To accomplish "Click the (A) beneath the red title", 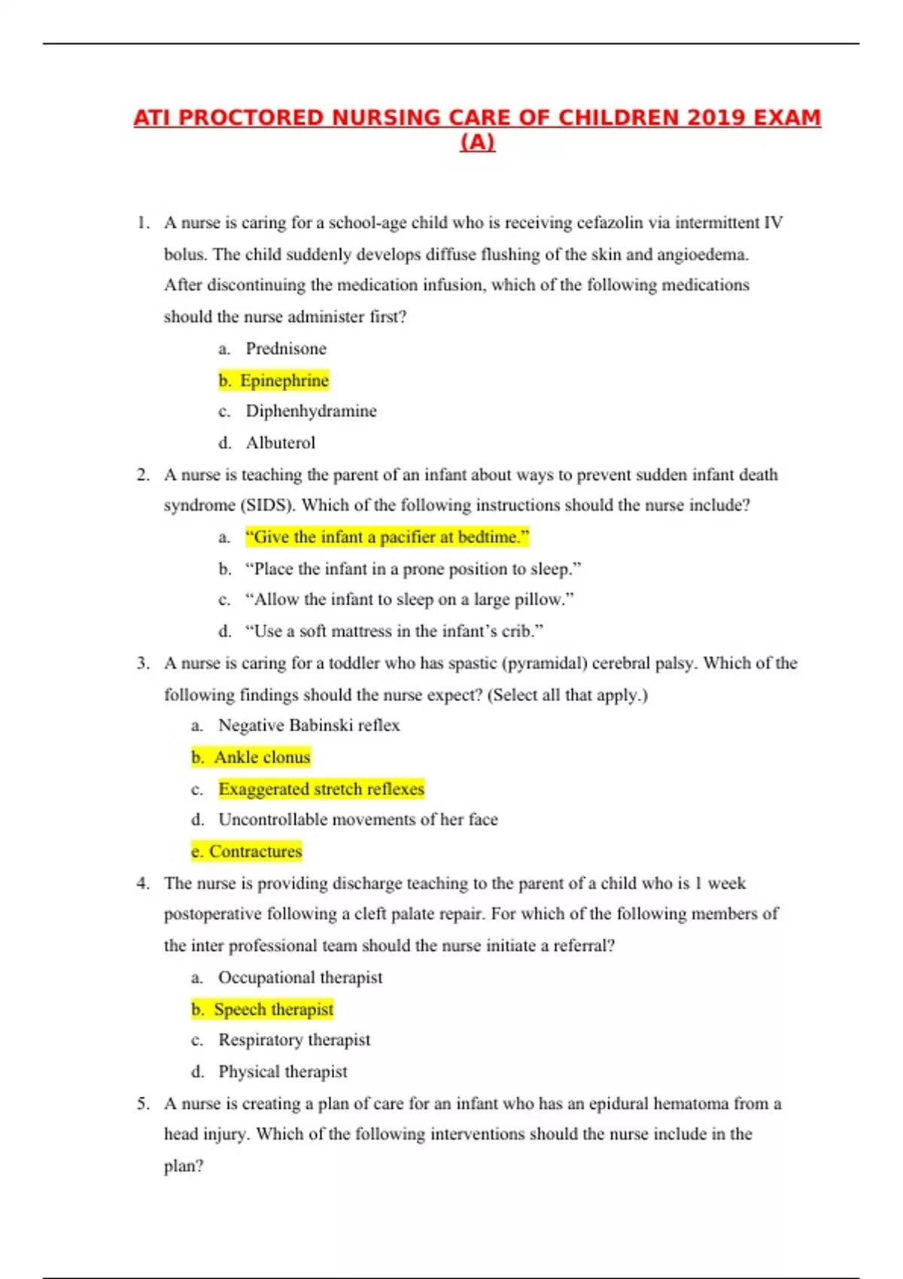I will click(477, 142).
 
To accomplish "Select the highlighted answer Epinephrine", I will click(284, 381).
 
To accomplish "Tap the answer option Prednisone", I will click(286, 349).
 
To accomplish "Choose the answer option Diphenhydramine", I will click(311, 412).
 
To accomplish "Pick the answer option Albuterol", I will click(280, 443).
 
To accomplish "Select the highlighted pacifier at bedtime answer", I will click(388, 537).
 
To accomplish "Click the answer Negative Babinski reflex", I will click(309, 726).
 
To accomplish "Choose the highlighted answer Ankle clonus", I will click(262, 758).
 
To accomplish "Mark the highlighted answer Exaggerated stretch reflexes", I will click(321, 789).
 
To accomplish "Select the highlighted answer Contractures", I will click(255, 852).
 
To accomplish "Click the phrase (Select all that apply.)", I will click(567, 695).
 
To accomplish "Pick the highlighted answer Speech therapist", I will click(273, 1010).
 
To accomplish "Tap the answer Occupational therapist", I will click(300, 978).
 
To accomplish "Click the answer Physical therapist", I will click(283, 1072).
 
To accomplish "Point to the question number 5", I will click(142, 1104).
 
